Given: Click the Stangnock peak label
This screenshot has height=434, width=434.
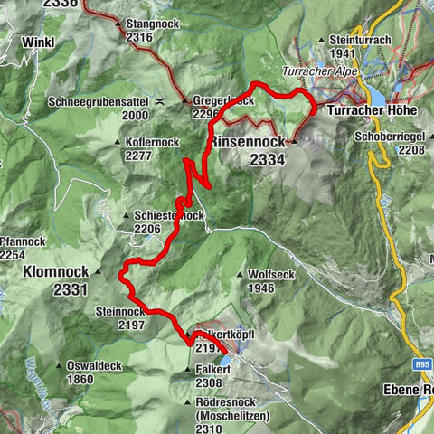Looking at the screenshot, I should click(151, 24).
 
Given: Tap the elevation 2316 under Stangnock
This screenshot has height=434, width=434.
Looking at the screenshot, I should click(139, 37).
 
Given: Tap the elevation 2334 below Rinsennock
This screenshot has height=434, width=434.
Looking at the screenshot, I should click(269, 159).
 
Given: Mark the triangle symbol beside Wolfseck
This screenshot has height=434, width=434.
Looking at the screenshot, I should click(239, 275).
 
